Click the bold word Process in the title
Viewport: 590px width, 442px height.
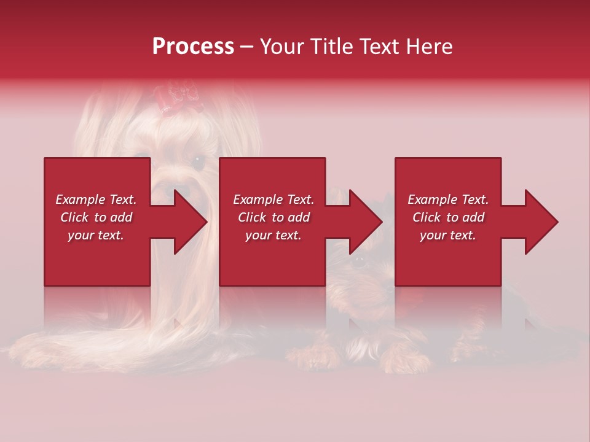tap(193, 47)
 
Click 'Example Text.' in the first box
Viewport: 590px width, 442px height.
tap(96, 200)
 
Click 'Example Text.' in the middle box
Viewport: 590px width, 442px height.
tap(273, 200)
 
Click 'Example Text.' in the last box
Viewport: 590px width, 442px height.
tap(448, 200)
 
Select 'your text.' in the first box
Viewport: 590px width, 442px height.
tap(96, 235)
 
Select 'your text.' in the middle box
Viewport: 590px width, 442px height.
tap(273, 235)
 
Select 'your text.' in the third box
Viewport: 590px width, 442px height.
tap(448, 235)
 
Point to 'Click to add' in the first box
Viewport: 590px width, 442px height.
tap(96, 217)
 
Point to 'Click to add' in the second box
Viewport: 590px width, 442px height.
tap(273, 217)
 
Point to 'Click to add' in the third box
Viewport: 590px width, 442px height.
tap(448, 217)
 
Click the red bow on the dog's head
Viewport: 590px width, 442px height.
tap(177, 98)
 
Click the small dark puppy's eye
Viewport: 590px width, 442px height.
tap(359, 260)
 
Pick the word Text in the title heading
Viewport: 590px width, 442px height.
tap(377, 47)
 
